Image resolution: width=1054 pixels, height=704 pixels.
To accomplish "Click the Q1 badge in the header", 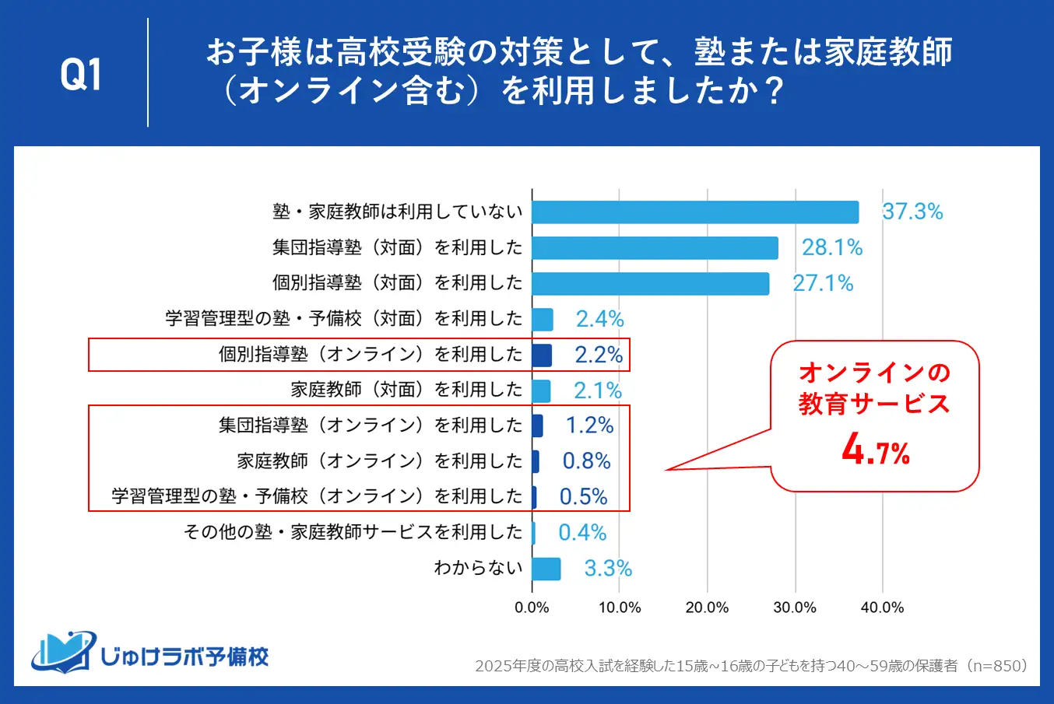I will [x=81, y=74].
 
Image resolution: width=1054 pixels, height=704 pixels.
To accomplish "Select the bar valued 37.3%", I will [x=695, y=212].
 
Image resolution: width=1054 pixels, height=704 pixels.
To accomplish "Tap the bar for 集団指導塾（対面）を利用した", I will [x=655, y=248].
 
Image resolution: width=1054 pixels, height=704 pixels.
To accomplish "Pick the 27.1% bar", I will [x=650, y=284].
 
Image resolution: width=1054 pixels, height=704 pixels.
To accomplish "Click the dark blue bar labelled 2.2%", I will [x=542, y=356].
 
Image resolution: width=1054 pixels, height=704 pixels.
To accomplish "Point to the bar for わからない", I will [x=546, y=569].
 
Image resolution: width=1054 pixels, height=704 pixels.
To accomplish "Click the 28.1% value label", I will [x=832, y=248].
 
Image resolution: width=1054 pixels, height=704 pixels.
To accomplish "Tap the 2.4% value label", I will [x=599, y=319].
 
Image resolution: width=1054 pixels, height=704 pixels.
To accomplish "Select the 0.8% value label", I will [x=586, y=461].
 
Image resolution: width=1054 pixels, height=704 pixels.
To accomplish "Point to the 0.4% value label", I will [x=582, y=533].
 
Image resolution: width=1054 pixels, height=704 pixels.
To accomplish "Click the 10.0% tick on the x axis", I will [x=620, y=608].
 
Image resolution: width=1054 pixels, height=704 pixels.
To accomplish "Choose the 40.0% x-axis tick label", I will [x=882, y=608].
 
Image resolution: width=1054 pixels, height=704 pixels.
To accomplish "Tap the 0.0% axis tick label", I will [x=532, y=608].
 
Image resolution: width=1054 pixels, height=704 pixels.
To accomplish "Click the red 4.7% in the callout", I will [x=875, y=450].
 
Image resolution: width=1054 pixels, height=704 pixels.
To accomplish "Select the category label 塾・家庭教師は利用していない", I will [x=397, y=212].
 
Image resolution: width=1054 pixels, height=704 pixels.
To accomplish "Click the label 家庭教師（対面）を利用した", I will [x=406, y=390].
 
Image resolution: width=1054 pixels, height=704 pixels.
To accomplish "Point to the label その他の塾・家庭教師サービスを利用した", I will [x=353, y=533].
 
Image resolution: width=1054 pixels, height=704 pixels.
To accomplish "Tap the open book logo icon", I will [x=62, y=652].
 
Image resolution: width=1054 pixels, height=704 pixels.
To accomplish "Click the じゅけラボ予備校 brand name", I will [x=184, y=657].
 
